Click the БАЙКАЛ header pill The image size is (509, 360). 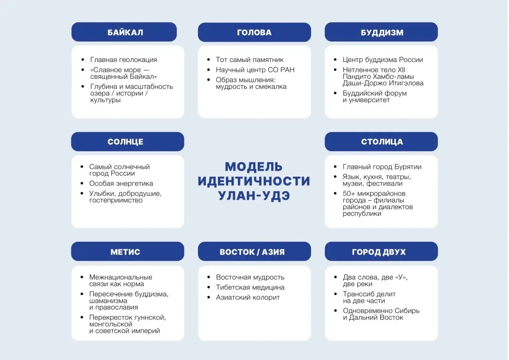(x=124, y=32)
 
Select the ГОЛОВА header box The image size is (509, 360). (x=254, y=32)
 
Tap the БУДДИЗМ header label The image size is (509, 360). (x=381, y=32)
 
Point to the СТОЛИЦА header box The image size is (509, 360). (x=381, y=142)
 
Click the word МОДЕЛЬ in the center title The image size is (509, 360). (x=254, y=166)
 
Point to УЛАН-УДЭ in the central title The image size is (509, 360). (x=254, y=196)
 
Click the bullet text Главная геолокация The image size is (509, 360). (x=124, y=60)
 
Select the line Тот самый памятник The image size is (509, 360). (x=250, y=60)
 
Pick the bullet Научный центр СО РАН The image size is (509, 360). (x=255, y=70)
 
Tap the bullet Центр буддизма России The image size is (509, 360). (x=383, y=60)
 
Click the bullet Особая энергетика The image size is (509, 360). (x=121, y=183)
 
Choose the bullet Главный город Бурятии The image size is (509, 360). (x=382, y=167)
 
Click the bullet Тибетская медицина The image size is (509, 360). (x=250, y=287)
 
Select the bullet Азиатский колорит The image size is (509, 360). (x=248, y=297)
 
